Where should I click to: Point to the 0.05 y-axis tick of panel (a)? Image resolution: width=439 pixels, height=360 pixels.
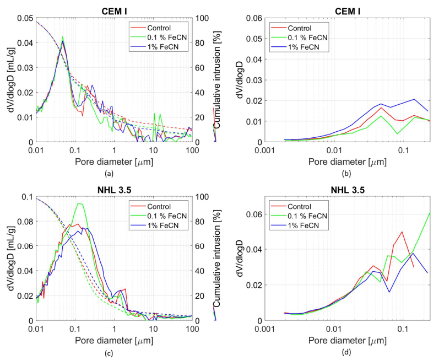coord(25,18)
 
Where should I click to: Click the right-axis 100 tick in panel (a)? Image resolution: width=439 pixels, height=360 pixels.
coord(200,18)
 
